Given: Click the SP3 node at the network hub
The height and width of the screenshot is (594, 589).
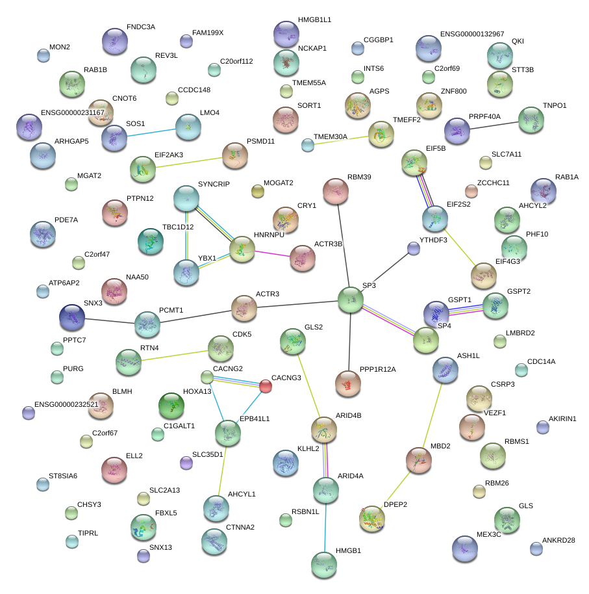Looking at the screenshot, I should (x=351, y=300).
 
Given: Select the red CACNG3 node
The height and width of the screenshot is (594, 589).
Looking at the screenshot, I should (x=266, y=386).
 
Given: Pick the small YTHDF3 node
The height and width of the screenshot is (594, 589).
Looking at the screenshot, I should (x=414, y=248).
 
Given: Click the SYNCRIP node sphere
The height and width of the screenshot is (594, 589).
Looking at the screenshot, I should (x=186, y=198).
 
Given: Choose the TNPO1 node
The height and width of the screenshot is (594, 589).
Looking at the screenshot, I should (x=531, y=120).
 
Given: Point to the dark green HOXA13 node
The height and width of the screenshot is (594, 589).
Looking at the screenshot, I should (x=172, y=406).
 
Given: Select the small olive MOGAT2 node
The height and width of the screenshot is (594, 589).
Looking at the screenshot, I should (x=258, y=191).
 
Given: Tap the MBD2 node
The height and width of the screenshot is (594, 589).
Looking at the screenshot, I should (x=418, y=459).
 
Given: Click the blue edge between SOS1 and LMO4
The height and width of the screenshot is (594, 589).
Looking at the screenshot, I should (x=151, y=132).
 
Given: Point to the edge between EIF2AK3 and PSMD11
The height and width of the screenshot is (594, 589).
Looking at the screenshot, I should (x=189, y=162).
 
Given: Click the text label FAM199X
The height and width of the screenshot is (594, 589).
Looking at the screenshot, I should (x=208, y=32).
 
